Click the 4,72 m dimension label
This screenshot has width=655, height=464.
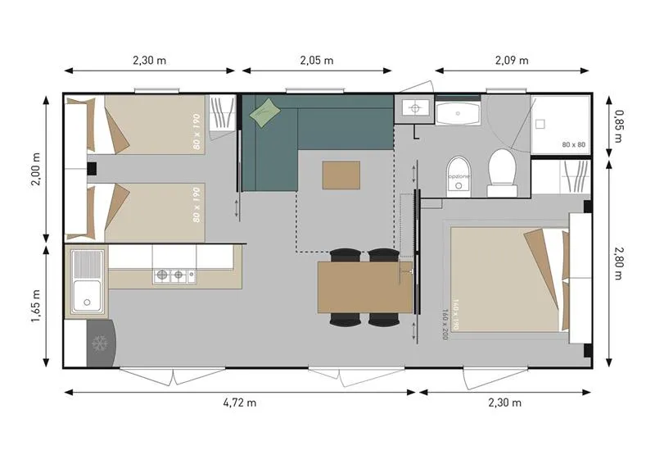click(x=240, y=403)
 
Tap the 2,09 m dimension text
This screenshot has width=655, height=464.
click(x=512, y=60)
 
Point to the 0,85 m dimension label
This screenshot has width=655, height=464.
click(x=619, y=125)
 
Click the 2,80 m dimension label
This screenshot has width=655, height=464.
click(x=619, y=262)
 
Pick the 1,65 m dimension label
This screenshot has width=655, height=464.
click(x=36, y=305)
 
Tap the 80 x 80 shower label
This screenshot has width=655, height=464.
click(x=574, y=145)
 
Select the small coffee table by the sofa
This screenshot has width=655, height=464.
click(x=341, y=175)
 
